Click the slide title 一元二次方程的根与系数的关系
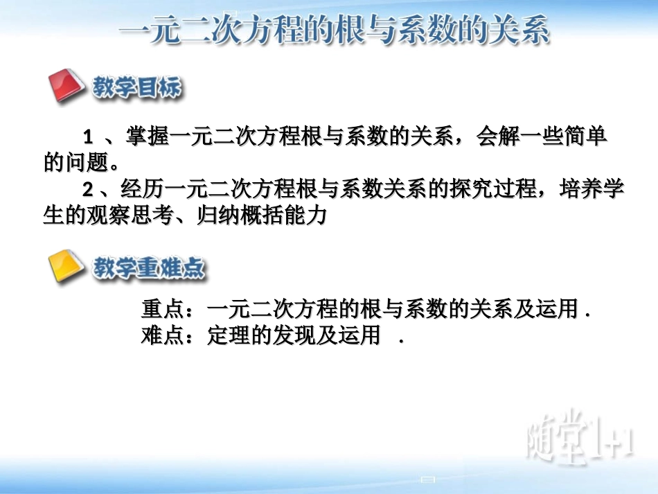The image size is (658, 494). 335,31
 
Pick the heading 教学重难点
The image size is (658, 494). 149,267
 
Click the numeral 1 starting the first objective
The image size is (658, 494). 88,135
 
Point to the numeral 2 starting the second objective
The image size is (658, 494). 88,188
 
